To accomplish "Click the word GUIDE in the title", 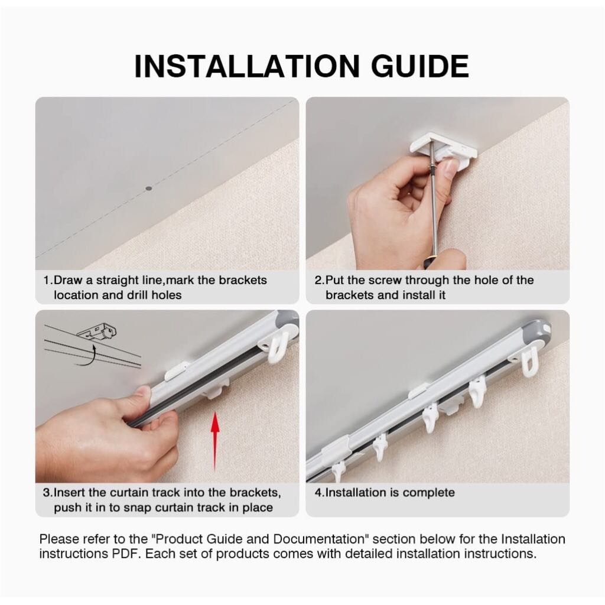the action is click(x=420, y=66).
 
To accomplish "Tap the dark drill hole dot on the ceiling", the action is click(x=148, y=188).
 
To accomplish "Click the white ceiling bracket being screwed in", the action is click(x=444, y=148).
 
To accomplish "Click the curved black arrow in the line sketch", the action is click(x=87, y=355).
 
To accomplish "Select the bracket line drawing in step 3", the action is click(x=96, y=331).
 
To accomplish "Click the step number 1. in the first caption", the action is click(x=48, y=280).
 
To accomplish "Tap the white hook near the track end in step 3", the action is click(x=280, y=345).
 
